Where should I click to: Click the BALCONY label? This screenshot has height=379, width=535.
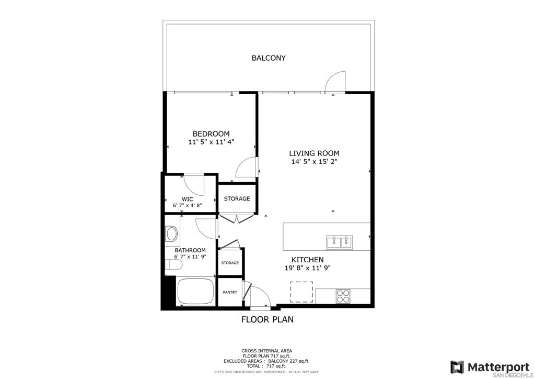click(x=269, y=58)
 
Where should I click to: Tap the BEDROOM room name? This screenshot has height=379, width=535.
click(x=211, y=134)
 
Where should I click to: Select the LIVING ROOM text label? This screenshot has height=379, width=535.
click(x=314, y=153)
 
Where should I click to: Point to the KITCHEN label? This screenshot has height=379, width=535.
click(x=307, y=260)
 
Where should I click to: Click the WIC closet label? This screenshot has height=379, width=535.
click(x=188, y=199)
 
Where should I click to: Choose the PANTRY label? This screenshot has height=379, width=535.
click(x=230, y=293)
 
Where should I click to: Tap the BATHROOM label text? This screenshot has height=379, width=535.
click(x=190, y=251)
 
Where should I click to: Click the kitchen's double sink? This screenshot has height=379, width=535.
click(x=340, y=242)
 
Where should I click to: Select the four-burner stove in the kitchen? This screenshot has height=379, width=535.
click(x=343, y=296)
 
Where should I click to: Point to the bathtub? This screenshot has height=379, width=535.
click(x=196, y=292)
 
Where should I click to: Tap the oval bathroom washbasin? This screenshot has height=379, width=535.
click(x=171, y=234)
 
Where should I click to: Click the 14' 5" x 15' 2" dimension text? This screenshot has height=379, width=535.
click(x=314, y=162)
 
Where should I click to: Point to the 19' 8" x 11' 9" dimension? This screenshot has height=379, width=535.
click(x=307, y=268)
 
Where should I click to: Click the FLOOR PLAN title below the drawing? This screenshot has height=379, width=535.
click(x=267, y=319)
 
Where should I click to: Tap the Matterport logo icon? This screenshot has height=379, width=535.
click(x=457, y=367)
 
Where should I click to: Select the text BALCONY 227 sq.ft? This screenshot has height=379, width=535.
click(x=289, y=361)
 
